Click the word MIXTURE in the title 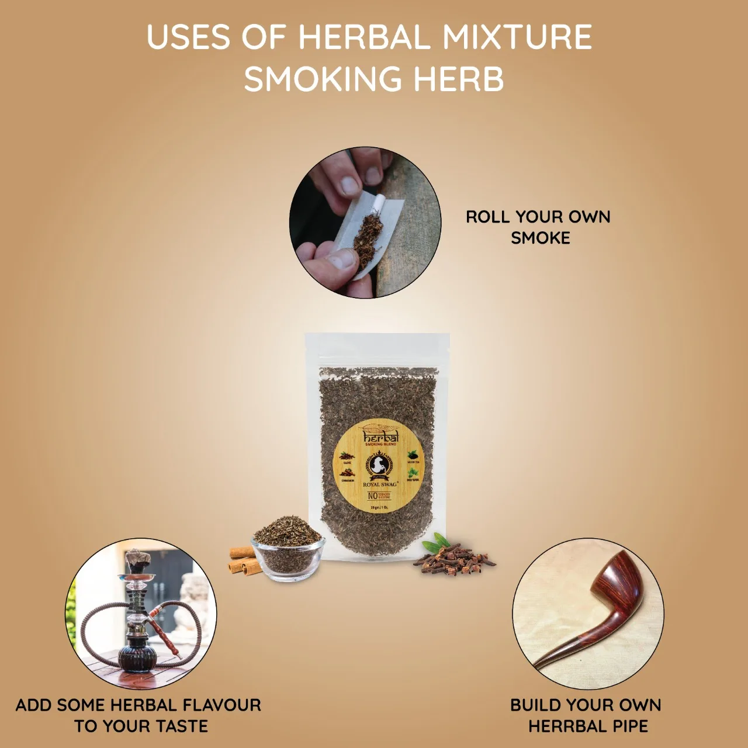pyautogui.click(x=517, y=37)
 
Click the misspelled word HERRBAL pyautogui.click(x=567, y=726)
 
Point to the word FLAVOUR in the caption pyautogui.click(x=220, y=705)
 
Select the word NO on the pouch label pyautogui.click(x=372, y=496)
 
